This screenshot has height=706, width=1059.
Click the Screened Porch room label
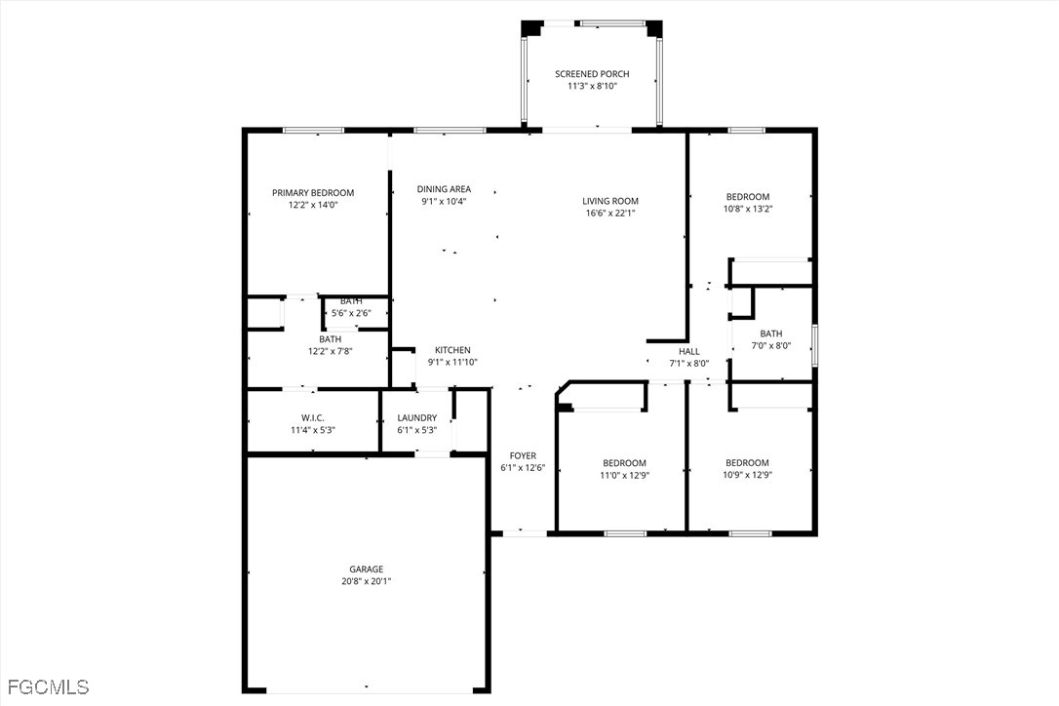[x=592, y=74]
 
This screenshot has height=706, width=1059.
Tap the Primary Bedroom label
[x=313, y=192]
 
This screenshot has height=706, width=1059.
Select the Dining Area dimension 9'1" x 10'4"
[x=444, y=201]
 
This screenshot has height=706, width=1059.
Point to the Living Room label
[x=610, y=201]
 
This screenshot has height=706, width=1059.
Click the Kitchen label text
[x=452, y=350]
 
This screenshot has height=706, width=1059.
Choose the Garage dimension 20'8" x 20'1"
[x=366, y=581]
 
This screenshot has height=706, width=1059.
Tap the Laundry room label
[x=416, y=417]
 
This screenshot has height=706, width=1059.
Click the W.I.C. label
[x=313, y=417]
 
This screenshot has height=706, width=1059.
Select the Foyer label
[x=523, y=456]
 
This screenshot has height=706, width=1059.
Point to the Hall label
[x=688, y=351]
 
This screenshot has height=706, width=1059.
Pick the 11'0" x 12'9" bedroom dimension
[x=624, y=475]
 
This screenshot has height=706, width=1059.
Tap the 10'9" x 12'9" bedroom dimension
[x=747, y=475]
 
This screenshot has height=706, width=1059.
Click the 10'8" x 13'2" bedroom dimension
[x=748, y=209]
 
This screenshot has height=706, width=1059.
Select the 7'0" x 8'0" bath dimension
[x=770, y=345]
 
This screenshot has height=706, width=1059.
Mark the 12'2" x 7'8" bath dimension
[x=331, y=351]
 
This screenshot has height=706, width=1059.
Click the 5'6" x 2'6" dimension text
[x=351, y=313]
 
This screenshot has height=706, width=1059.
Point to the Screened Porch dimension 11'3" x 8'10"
[x=592, y=86]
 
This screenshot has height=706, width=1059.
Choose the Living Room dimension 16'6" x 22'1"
[x=610, y=213]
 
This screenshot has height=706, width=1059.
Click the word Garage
[x=366, y=569]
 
